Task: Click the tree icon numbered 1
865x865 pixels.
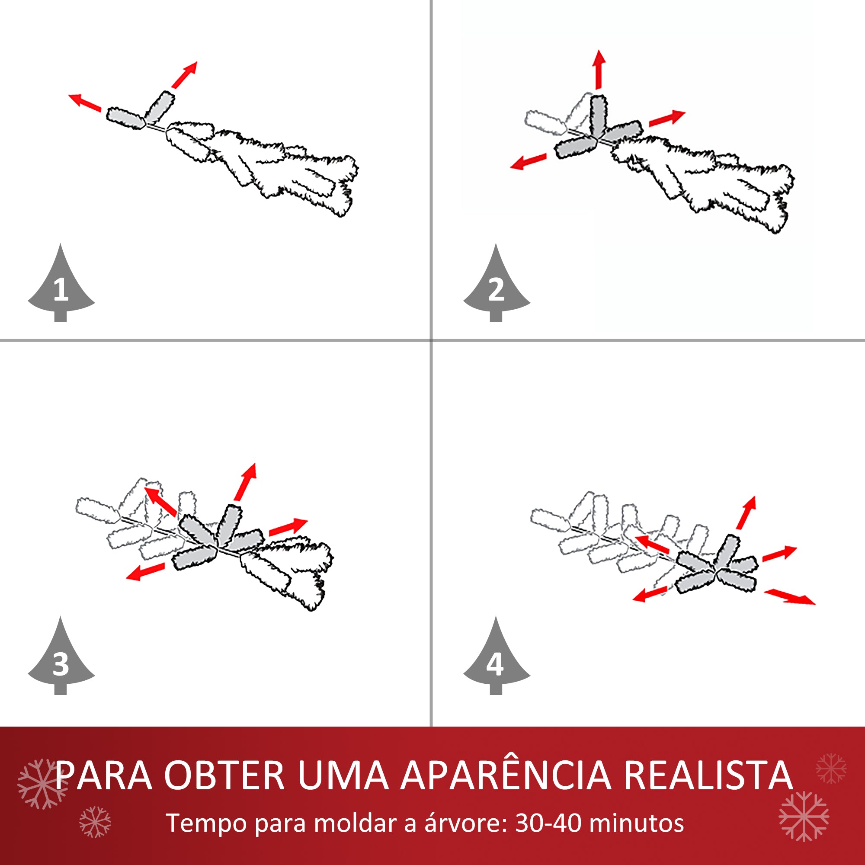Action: pyautogui.click(x=61, y=287)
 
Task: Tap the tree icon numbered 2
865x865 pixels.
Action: pyautogui.click(x=496, y=287)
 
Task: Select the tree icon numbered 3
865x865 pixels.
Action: pyautogui.click(x=61, y=660)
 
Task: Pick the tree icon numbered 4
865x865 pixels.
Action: pyautogui.click(x=496, y=660)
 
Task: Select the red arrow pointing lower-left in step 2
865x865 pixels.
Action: pyautogui.click(x=529, y=162)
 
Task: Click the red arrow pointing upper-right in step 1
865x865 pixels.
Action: pyautogui.click(x=185, y=75)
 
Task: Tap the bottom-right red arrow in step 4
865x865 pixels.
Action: pyautogui.click(x=790, y=597)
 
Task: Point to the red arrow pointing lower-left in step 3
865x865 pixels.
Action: pyautogui.click(x=145, y=571)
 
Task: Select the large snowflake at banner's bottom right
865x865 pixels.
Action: pyautogui.click(x=804, y=816)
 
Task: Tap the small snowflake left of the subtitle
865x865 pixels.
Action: pyautogui.click(x=95, y=822)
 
